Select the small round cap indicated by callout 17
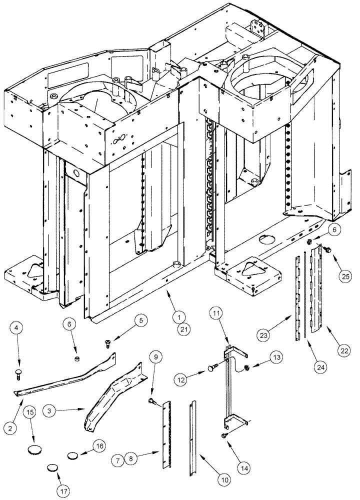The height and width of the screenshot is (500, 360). (53, 468)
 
